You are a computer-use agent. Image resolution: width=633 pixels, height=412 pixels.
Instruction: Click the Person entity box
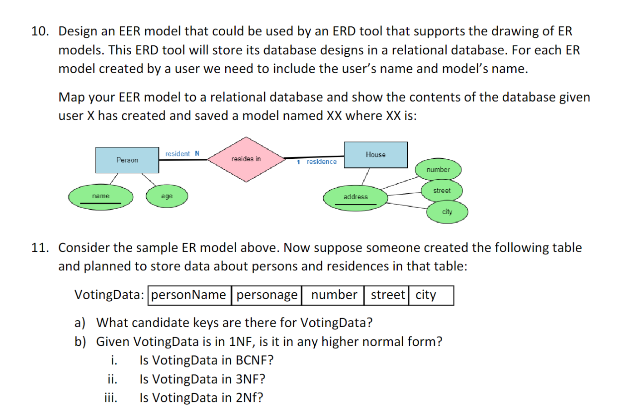pos(127,160)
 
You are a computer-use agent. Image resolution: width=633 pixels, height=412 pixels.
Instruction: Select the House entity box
pos(376,155)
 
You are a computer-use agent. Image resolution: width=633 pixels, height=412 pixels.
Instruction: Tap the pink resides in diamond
pos(246,159)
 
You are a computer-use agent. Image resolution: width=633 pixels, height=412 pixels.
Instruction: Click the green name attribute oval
pos(101,196)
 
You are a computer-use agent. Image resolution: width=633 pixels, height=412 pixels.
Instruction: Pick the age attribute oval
pos(167,196)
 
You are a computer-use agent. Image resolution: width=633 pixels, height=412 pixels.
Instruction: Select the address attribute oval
pos(356,197)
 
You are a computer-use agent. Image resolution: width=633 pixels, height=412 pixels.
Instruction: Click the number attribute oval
pos(438,170)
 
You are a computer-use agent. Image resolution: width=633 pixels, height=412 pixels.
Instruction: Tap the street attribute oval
pos(442,191)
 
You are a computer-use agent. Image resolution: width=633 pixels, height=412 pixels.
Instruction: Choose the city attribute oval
pos(447,212)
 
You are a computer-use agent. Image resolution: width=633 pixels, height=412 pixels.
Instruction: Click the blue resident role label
pos(178,154)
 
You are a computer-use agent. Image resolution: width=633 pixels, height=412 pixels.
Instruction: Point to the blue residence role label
pos(321,162)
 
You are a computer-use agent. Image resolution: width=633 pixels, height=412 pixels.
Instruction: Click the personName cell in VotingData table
pos(189,295)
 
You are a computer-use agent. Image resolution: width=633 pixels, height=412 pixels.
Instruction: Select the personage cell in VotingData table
pos(267,295)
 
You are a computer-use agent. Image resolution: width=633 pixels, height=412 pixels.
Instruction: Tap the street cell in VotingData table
pos(387,295)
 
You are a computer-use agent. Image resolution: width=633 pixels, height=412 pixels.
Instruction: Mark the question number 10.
pos(40,31)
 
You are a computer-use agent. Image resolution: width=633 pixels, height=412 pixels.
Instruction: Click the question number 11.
pos(40,248)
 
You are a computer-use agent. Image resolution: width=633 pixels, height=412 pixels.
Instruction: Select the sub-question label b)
pos(80,342)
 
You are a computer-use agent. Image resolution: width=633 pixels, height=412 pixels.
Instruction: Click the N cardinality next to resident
pos(197,153)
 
